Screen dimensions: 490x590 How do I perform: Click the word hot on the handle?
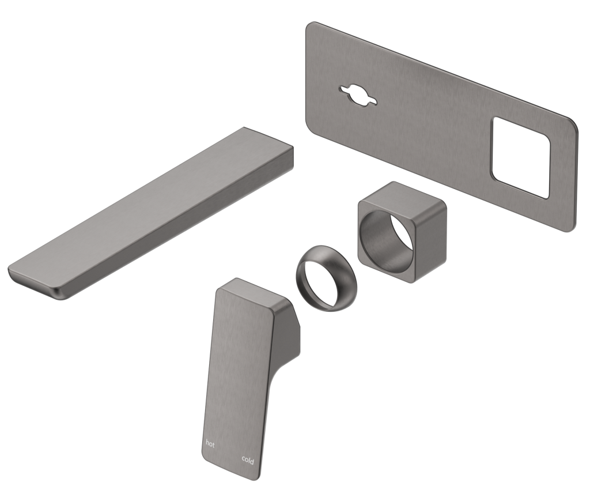[211, 443]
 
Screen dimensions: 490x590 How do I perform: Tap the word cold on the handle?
[248, 459]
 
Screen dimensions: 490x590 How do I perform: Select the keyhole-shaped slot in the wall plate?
[358, 96]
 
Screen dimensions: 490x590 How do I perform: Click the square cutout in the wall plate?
[521, 157]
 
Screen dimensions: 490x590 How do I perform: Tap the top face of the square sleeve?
[403, 195]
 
